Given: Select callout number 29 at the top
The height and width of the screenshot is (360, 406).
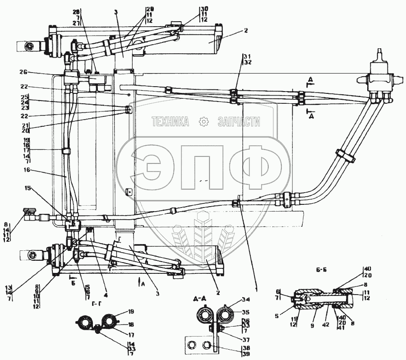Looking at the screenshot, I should (x=149, y=9).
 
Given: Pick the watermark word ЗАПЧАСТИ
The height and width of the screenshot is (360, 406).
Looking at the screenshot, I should (x=239, y=121).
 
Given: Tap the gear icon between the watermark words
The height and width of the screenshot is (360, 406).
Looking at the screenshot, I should (x=204, y=121).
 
